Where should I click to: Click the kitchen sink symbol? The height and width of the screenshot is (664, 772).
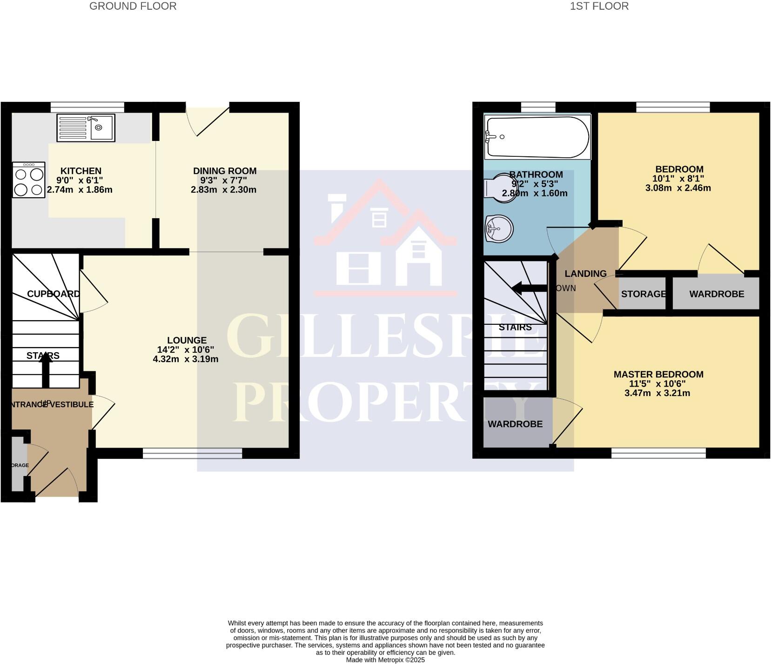coord(86,128)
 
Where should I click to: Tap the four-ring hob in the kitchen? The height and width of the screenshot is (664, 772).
coord(29,180)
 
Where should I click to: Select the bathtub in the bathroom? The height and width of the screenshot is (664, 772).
coord(537,137)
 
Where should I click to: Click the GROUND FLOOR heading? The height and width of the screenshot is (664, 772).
coord(133,6)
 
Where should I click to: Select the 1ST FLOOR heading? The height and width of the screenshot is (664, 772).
coord(599,6)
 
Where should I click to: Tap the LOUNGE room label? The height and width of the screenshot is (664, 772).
coord(187,340)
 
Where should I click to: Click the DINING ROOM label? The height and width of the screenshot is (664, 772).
coord(225,171)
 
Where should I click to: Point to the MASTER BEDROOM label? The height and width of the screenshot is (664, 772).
coord(658,374)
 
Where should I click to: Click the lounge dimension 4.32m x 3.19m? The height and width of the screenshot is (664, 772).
coord(185,359)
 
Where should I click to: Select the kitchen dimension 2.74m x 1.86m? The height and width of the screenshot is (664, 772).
coord(80,190)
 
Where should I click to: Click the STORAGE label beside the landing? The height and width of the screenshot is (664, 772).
coord(643,294)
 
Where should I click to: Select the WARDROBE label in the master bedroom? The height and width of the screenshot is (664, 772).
coord(515,424)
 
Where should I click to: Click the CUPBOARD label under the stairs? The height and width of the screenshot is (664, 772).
coord(53,294)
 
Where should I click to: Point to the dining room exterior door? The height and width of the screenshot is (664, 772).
coord(208,120)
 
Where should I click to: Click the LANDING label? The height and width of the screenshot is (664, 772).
coord(585,274)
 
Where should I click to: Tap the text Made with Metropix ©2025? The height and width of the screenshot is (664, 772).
coord(385,660)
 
